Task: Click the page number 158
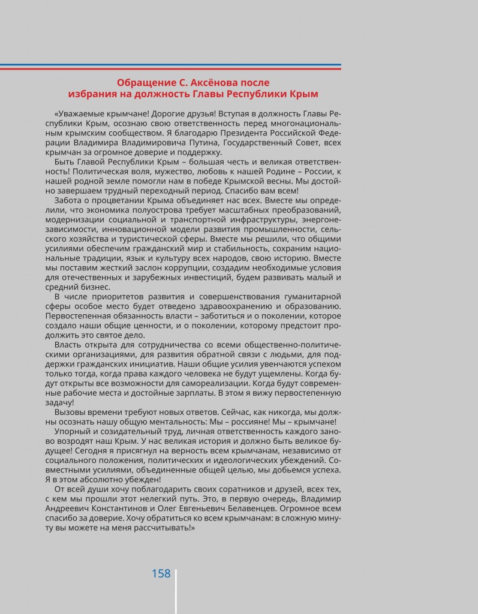tap(161, 573)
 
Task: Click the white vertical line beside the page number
tap(176, 591)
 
